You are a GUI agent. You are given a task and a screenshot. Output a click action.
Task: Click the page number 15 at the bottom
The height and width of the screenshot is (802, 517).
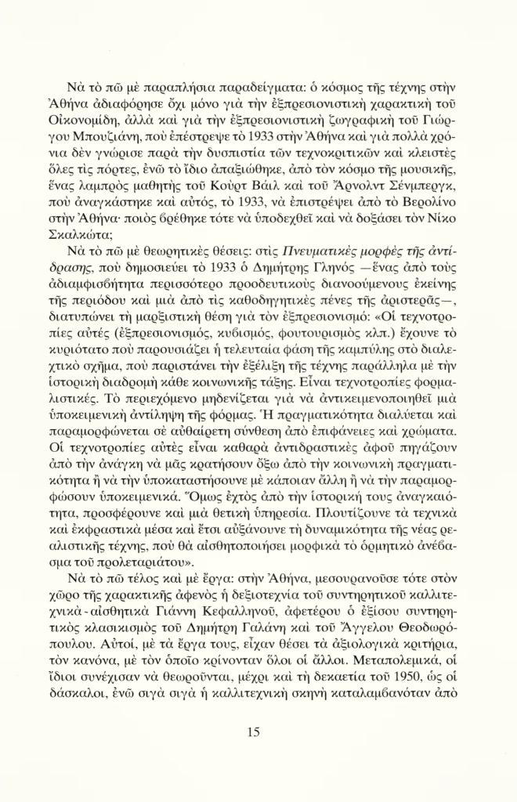pos(252,732)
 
